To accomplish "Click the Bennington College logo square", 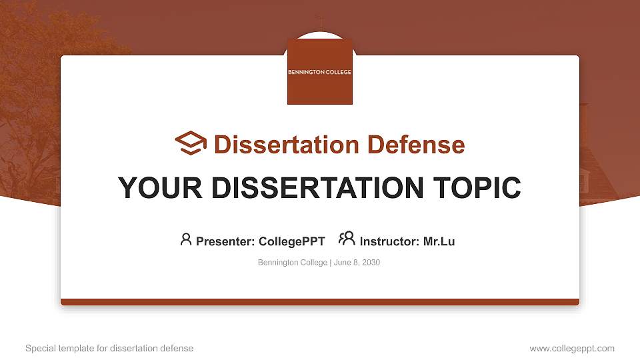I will (319, 71).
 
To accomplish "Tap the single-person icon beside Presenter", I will (186, 239).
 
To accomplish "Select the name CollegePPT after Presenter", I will (291, 241).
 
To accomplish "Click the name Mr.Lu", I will (439, 241).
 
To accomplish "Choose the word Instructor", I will (389, 241).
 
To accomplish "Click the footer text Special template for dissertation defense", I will (109, 348).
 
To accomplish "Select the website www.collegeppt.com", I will (572, 348).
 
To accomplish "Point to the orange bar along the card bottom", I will (320, 302).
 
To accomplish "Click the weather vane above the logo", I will (319, 21).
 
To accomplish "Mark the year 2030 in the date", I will (371, 263).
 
